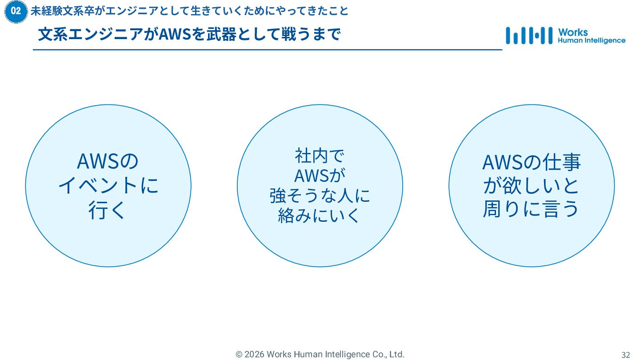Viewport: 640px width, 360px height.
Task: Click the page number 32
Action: coord(625,355)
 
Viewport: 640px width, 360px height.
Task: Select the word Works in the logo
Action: coord(573,32)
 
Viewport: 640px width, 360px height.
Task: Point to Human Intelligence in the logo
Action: coord(592,40)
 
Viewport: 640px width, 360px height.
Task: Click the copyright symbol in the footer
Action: coord(239,354)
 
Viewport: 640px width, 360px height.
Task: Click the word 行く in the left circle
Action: coord(108,210)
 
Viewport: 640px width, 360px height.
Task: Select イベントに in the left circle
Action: coord(108,185)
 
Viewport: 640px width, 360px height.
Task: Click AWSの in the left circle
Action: coord(108,161)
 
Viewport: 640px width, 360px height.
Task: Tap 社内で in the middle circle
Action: coord(320,156)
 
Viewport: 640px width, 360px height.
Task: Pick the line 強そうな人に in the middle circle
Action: coord(320,196)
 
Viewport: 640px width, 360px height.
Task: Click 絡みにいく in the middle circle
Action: coord(320,216)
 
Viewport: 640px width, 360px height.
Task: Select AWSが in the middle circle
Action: coord(320,176)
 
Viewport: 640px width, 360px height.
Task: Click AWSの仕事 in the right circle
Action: coord(532,162)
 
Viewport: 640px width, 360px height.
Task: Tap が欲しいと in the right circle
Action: coord(532,185)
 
